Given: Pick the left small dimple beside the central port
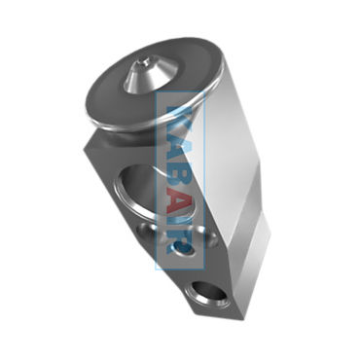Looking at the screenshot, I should tap(147, 231).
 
